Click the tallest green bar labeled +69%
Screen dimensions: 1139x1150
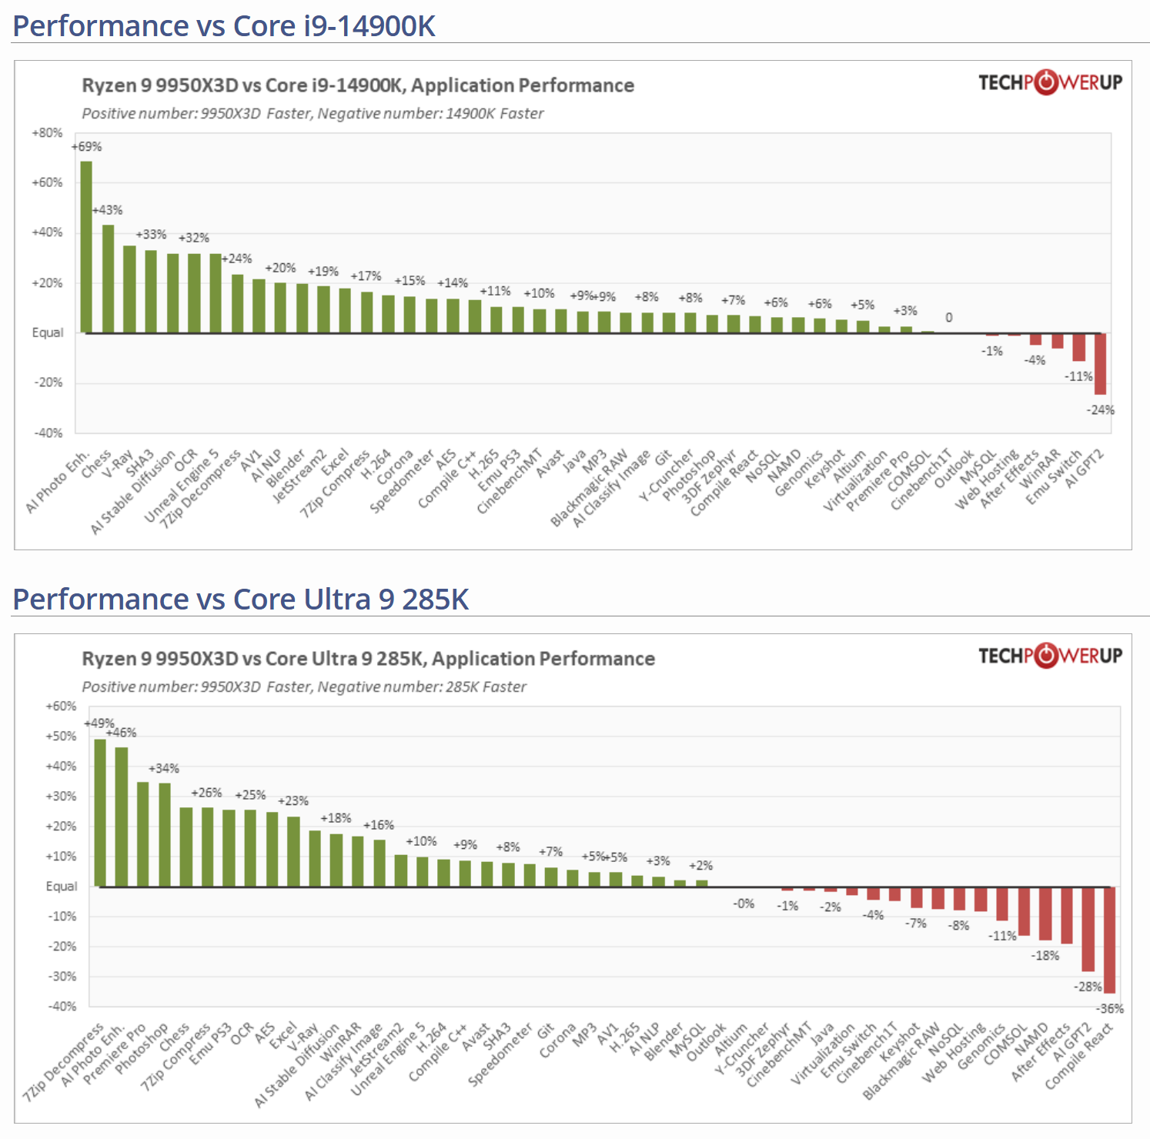86,246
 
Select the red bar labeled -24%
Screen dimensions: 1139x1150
1100,363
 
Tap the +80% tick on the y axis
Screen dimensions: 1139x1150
47,133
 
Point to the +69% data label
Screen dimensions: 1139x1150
87,147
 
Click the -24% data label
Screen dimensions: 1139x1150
1100,410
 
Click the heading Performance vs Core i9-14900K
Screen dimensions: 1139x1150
224,26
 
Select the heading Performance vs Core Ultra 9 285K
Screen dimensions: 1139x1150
241,600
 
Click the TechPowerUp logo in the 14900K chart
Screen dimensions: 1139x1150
1050,82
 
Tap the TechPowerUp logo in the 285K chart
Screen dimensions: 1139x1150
1050,656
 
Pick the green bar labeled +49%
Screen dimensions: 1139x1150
100,813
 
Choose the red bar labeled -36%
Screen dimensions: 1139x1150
1109,940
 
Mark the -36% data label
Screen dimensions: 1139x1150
1110,1009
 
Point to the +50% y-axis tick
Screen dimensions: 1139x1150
61,737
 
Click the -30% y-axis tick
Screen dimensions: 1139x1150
62,977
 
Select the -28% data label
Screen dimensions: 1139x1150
1088,987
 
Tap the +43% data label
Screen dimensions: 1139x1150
108,210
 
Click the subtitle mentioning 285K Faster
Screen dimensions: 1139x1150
304,686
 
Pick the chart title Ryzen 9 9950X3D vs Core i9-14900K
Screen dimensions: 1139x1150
358,85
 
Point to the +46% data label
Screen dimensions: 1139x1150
122,733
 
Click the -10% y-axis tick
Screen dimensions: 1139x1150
62,917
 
